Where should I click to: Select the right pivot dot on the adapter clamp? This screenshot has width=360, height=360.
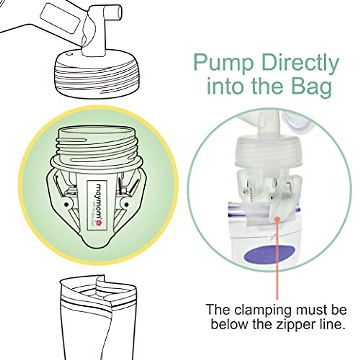[x=127, y=205]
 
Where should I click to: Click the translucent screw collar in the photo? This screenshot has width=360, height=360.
[x=264, y=152]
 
